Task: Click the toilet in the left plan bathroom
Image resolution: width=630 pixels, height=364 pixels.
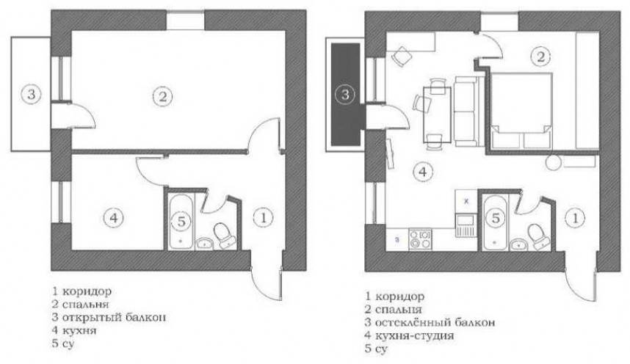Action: coord(224,236)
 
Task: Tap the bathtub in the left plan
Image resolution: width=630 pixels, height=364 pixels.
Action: coord(181,221)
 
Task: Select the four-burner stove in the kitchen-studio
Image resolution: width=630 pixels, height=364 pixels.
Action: coord(420,239)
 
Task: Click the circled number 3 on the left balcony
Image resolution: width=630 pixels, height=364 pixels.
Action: coord(31,95)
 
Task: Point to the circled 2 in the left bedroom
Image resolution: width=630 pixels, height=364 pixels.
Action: coord(163,96)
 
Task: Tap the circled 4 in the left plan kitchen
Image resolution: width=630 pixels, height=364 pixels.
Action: coord(114,218)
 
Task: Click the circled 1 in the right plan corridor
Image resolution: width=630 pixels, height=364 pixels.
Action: coord(576,218)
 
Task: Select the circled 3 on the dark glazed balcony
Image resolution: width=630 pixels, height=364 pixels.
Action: coord(344,95)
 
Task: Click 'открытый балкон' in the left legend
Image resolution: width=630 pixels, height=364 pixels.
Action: coord(114,317)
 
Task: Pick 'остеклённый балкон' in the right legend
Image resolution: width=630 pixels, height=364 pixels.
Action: coord(435,322)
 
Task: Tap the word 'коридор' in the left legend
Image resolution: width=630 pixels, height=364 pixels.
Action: coord(87,291)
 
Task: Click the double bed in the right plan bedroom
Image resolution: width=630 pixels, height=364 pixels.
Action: coord(521,111)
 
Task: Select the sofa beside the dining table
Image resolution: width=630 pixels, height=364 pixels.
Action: coord(466,112)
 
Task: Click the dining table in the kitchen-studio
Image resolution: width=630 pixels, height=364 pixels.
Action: coord(437,115)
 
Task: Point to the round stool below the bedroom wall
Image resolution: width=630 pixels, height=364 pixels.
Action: coord(554,162)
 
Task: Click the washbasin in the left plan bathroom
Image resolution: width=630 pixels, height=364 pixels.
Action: coord(205,244)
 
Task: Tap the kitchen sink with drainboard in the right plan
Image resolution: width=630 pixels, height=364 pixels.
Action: coord(466,225)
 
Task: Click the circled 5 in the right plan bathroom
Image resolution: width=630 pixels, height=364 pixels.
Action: coord(496,218)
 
